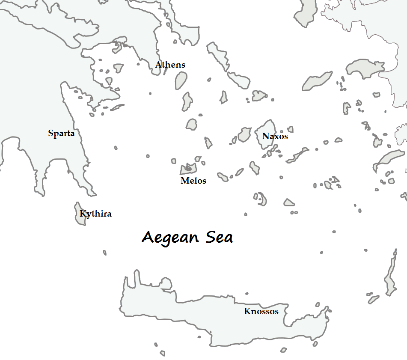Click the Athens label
coord(170,65)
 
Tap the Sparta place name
coord(61,134)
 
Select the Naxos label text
coord(275,137)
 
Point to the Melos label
coord(193,181)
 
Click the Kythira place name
coord(95,214)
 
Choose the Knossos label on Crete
coord(261,311)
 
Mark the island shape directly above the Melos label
coord(188,168)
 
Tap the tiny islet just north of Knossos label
coord(247,294)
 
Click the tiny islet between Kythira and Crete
coord(104,253)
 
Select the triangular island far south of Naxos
coord(289,202)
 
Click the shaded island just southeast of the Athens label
coord(181,80)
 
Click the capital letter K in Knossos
coord(247,312)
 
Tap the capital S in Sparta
coord(51,134)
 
